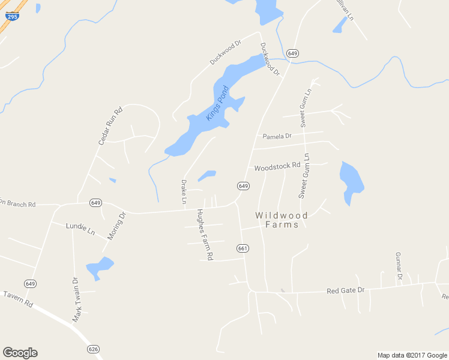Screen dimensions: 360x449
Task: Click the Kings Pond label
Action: click(218, 103)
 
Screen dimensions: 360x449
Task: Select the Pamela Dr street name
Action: click(277, 136)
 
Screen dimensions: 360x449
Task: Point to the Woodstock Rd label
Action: click(277, 166)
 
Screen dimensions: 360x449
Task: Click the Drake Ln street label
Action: click(184, 191)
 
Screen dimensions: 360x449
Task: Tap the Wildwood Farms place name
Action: click(281, 220)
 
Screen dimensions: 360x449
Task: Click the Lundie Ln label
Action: click(80, 228)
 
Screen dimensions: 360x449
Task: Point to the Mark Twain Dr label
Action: click(76, 299)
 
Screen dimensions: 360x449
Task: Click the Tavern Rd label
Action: click(17, 299)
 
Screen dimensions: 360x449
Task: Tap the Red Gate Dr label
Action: click(345, 290)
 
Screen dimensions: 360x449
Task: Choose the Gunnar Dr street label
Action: click(397, 266)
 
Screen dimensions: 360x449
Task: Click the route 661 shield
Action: click(243, 248)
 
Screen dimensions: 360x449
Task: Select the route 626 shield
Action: click(92, 349)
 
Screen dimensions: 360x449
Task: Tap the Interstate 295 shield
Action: click(12, 16)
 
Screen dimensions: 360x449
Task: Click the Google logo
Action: click(20, 353)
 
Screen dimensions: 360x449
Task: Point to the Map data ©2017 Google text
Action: click(412, 355)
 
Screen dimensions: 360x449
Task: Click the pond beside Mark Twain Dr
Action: click(99, 267)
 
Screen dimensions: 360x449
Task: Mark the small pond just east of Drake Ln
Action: click(207, 175)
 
